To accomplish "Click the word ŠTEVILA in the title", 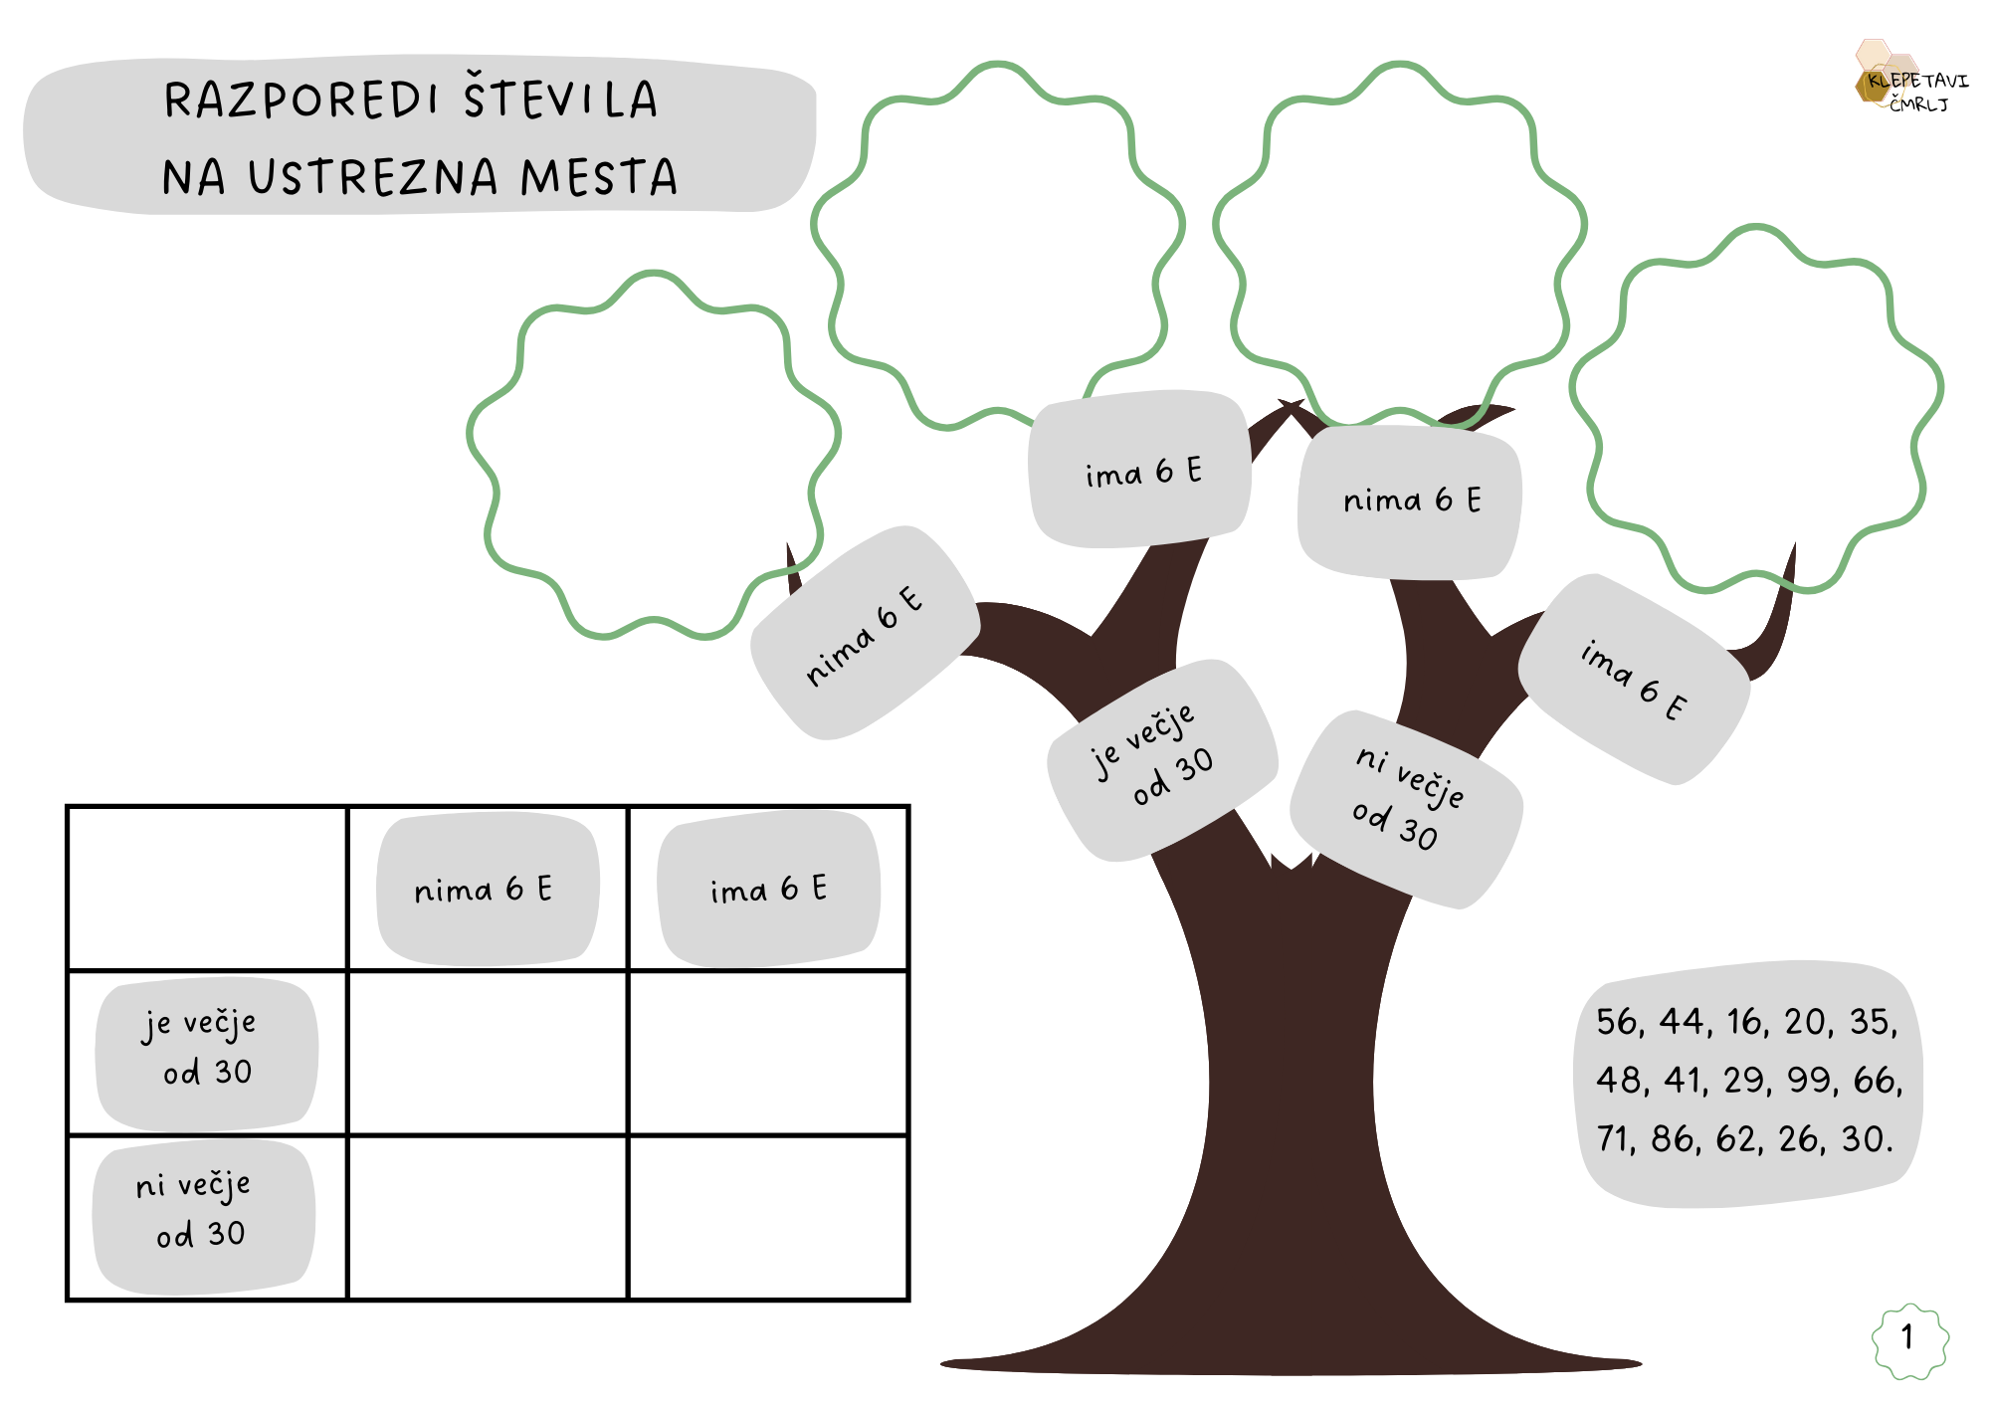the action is tap(560, 100).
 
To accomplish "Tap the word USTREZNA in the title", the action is tap(373, 177).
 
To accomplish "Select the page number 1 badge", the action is tap(1908, 1338).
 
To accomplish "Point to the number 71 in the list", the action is tap(1616, 1138).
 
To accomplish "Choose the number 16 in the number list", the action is tap(1746, 1022).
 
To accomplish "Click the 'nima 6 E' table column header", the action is tap(485, 889).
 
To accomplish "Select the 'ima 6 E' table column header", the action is tap(768, 889).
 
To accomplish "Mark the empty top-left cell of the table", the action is tap(206, 888).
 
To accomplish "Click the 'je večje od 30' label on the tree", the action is tap(1160, 759).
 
